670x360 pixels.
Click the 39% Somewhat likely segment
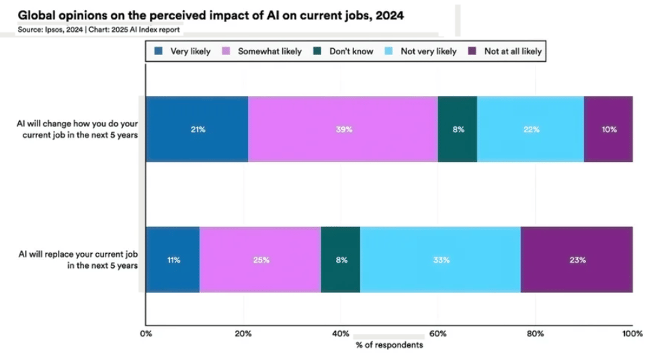343,129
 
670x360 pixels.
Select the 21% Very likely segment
197,129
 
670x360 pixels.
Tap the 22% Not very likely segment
530,129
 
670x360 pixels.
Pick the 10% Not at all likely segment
608,129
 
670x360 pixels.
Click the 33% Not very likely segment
440,259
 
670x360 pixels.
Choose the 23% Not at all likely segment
577,259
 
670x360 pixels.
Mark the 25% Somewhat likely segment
260,259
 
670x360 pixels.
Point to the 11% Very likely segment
173,259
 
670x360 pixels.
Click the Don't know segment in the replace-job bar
341,259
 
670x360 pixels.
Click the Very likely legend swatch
159,51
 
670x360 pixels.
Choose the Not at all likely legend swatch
471,51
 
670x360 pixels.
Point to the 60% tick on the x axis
438,333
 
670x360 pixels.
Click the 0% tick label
146,333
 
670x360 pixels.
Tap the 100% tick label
632,333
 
